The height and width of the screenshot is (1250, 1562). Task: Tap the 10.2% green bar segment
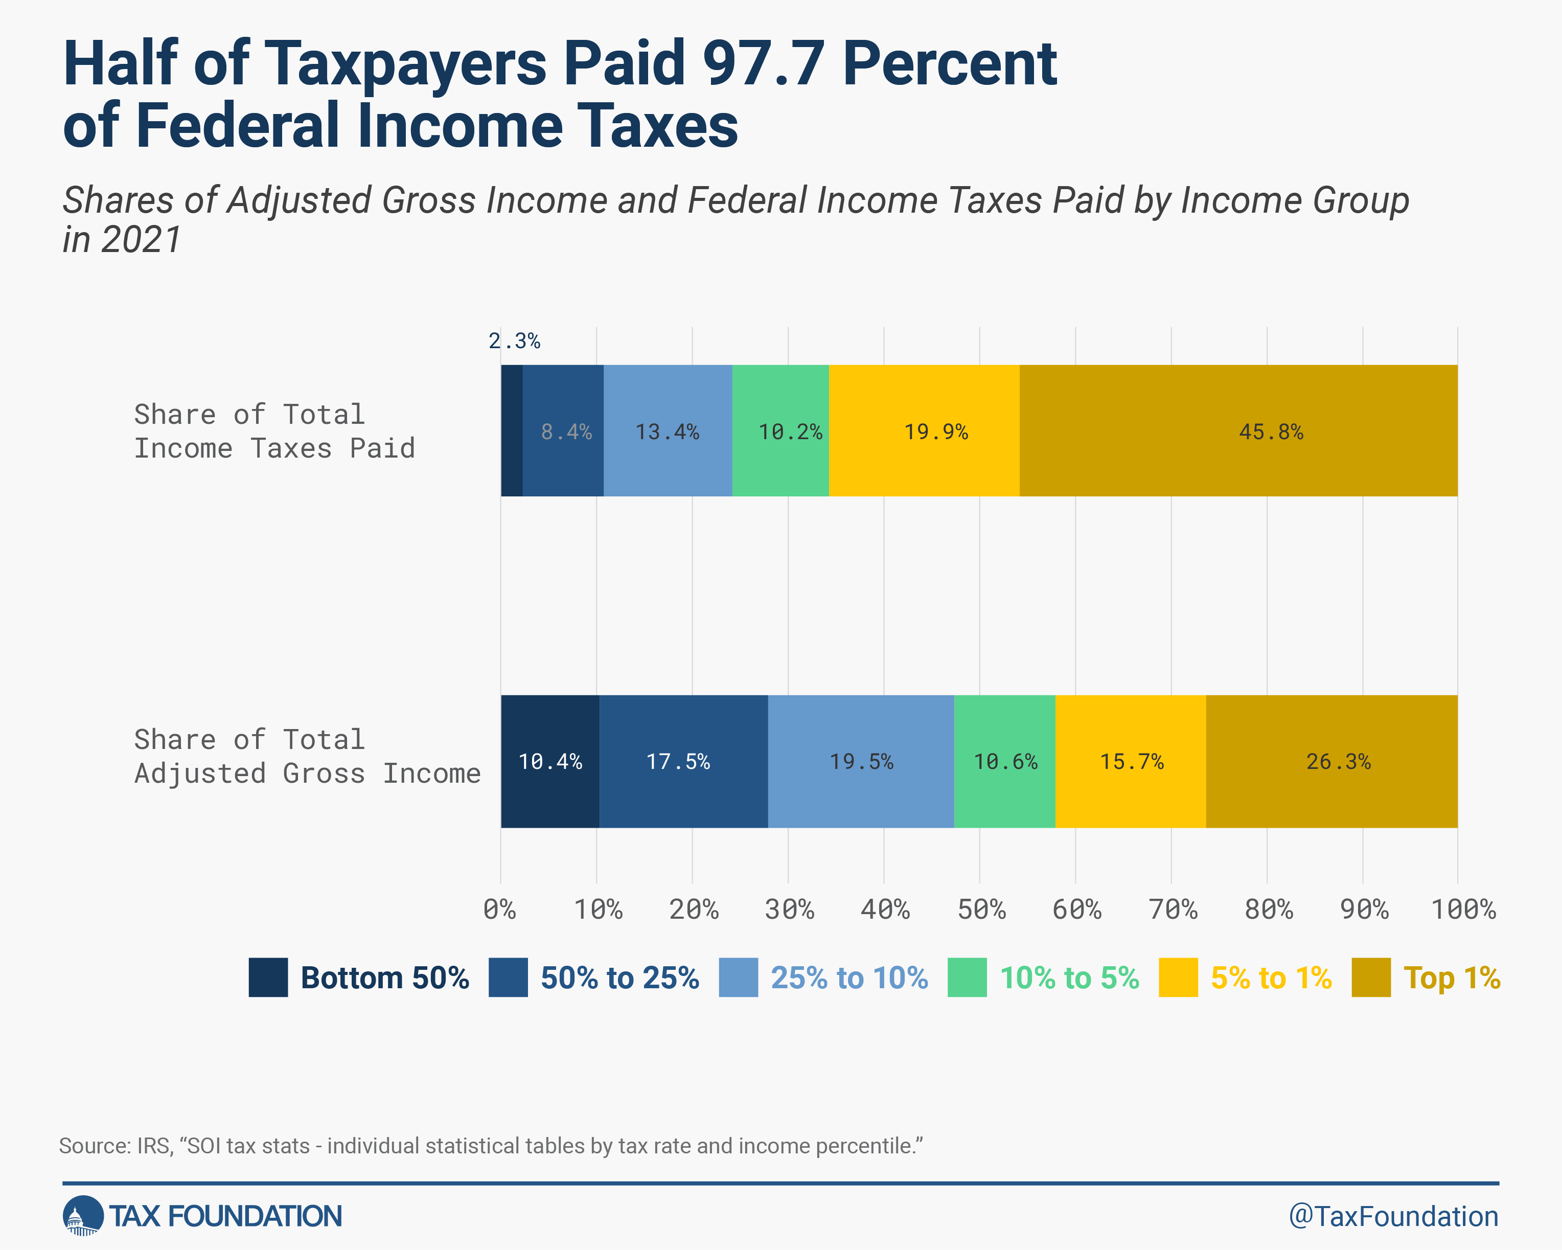click(x=780, y=431)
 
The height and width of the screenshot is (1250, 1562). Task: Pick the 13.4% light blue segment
click(x=667, y=431)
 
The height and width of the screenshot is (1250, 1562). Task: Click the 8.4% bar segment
click(x=564, y=431)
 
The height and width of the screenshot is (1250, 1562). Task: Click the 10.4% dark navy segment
click(x=550, y=761)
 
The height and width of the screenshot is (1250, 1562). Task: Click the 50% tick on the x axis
click(x=981, y=908)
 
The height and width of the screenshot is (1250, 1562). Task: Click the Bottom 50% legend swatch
click(x=268, y=978)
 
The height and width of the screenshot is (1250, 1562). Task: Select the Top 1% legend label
click(x=1451, y=978)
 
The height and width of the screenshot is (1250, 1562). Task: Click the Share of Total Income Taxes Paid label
click(x=274, y=431)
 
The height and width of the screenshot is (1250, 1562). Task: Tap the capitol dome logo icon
click(x=83, y=1216)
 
